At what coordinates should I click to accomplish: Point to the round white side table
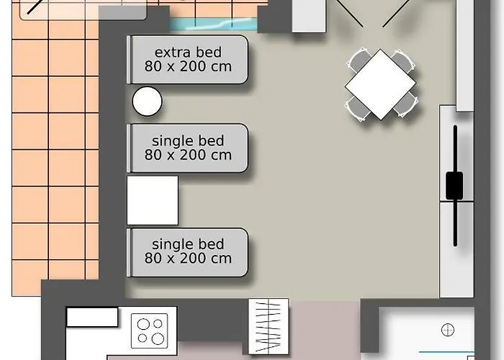click(x=147, y=102)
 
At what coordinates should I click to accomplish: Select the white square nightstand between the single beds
click(x=153, y=200)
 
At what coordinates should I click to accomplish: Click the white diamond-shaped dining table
click(x=380, y=84)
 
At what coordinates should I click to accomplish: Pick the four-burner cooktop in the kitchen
click(x=150, y=330)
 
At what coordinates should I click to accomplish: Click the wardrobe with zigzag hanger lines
click(x=269, y=327)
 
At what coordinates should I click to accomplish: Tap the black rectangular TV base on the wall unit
click(x=454, y=186)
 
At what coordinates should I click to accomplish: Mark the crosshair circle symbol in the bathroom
click(x=448, y=330)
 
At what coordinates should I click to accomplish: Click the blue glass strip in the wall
click(x=213, y=24)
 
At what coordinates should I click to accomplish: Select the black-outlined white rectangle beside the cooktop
click(x=92, y=318)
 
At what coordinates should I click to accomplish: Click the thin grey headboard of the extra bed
click(x=129, y=60)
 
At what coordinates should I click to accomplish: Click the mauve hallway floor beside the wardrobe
click(x=325, y=328)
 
